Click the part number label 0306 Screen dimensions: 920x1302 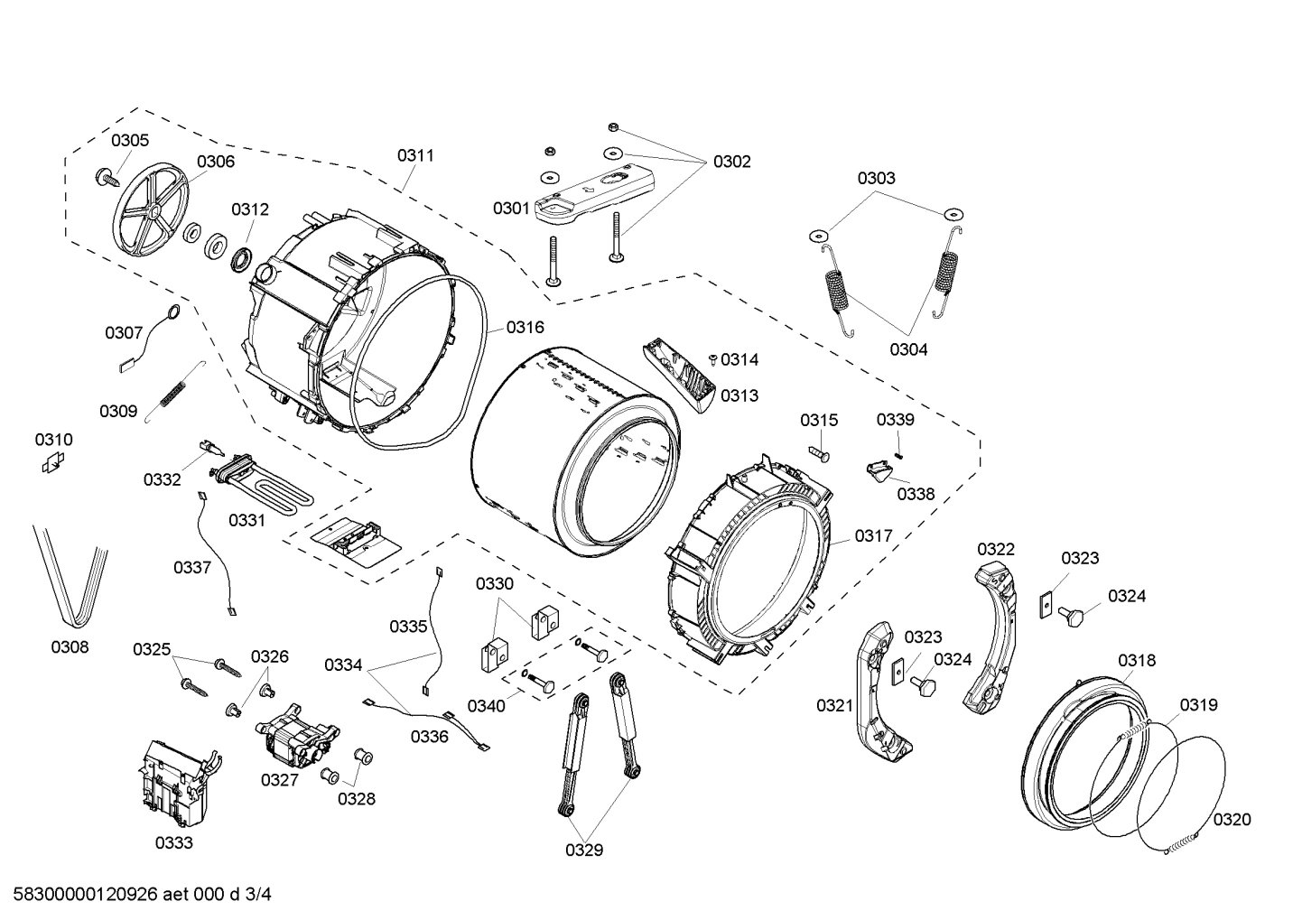(x=216, y=162)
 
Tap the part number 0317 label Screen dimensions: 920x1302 (x=873, y=535)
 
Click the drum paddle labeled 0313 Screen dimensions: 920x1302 (x=686, y=375)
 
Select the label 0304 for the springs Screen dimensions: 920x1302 (x=907, y=349)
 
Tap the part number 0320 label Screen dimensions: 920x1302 (x=1232, y=819)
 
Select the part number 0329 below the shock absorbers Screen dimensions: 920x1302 (x=584, y=850)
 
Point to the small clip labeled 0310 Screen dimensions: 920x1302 (x=53, y=463)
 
